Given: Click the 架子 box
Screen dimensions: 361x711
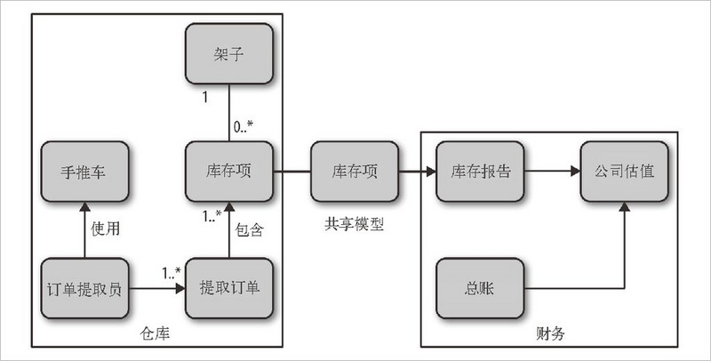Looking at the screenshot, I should pyautogui.click(x=228, y=56).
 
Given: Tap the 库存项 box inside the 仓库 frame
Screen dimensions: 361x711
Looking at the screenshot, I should pyautogui.click(x=228, y=172).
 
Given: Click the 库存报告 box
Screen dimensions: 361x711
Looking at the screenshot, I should pyautogui.click(x=481, y=172).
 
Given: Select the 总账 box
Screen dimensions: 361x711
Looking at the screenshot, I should pyautogui.click(x=481, y=289).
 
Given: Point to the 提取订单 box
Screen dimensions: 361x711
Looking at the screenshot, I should pyautogui.click(x=228, y=289).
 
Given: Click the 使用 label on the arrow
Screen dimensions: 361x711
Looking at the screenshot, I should pyautogui.click(x=105, y=229).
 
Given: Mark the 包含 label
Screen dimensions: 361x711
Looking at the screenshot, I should pyautogui.click(x=250, y=229).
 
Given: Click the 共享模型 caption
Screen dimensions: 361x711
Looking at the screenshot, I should pyautogui.click(x=355, y=225).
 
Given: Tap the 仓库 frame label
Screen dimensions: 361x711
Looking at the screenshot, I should pyautogui.click(x=156, y=333).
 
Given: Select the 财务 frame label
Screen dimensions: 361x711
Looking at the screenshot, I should pyautogui.click(x=550, y=333).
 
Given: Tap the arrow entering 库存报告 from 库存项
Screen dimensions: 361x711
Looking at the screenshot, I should pyautogui.click(x=414, y=172).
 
